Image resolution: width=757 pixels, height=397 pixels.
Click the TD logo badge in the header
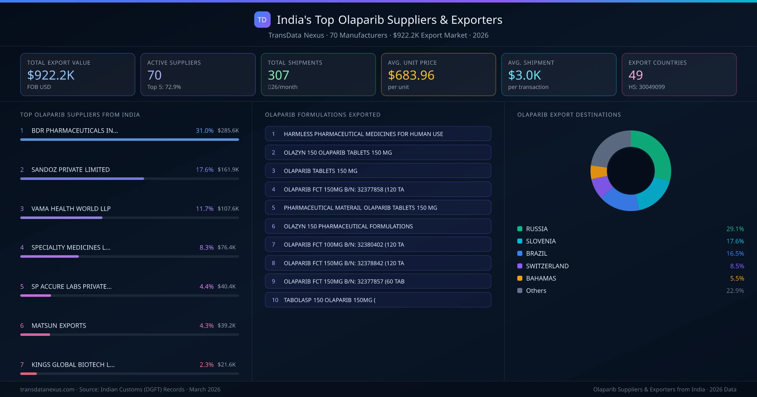point(262,20)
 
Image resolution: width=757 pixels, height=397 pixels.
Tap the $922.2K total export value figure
point(51,75)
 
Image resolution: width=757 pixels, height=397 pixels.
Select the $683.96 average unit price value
point(411,75)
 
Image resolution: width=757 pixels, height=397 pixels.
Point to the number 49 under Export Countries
point(635,75)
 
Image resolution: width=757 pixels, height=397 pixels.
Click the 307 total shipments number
point(278,75)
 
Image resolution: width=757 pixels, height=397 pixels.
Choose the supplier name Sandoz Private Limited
point(71,170)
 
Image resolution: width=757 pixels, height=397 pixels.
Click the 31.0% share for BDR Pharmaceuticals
point(204,130)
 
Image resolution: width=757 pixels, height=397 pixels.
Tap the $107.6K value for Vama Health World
point(228,209)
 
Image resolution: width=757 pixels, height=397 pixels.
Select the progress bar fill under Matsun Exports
point(35,335)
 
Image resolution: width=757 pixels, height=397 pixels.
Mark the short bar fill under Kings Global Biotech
point(28,374)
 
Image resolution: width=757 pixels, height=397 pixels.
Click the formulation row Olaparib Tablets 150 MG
point(320,171)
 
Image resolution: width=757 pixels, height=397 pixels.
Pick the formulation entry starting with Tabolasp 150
point(330,300)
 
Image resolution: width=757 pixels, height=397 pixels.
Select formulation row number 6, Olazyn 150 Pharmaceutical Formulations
point(348,226)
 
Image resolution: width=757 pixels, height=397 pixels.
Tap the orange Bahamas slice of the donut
point(598,172)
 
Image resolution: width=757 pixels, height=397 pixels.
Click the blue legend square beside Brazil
point(520,253)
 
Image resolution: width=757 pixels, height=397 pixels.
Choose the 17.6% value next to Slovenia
point(735,241)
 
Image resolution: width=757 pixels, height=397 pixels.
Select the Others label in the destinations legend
point(536,291)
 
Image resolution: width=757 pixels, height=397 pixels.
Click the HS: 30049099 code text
point(646,87)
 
